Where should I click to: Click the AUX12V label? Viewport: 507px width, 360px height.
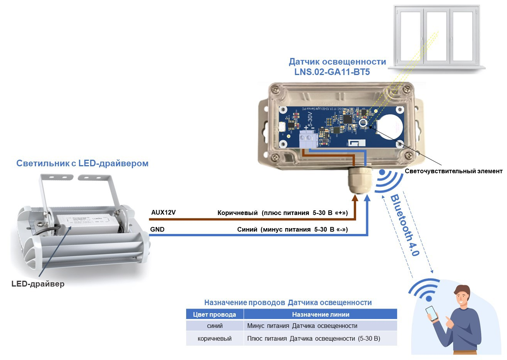163,212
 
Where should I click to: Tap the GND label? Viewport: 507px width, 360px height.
157,229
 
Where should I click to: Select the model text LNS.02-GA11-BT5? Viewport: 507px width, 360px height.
332,72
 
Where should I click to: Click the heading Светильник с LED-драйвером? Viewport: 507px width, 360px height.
82,163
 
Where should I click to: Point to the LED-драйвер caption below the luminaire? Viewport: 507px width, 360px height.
38,284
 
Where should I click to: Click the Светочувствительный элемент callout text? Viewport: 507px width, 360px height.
453,171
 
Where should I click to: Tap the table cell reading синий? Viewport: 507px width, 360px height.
215,326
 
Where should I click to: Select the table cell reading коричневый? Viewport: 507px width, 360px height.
214,338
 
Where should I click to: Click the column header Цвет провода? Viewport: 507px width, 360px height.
214,314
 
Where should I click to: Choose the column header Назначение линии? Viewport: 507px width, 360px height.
320,314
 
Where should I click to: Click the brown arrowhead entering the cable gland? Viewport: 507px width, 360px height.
355,199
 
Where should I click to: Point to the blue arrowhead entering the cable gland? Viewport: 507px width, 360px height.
367,199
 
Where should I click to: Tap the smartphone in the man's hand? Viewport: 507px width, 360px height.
432,313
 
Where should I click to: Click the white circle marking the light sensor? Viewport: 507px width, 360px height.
363,123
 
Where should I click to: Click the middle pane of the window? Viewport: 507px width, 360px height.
437,37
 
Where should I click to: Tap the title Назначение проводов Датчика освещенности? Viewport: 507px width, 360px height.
288,302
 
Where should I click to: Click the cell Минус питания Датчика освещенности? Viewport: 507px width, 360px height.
302,326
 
